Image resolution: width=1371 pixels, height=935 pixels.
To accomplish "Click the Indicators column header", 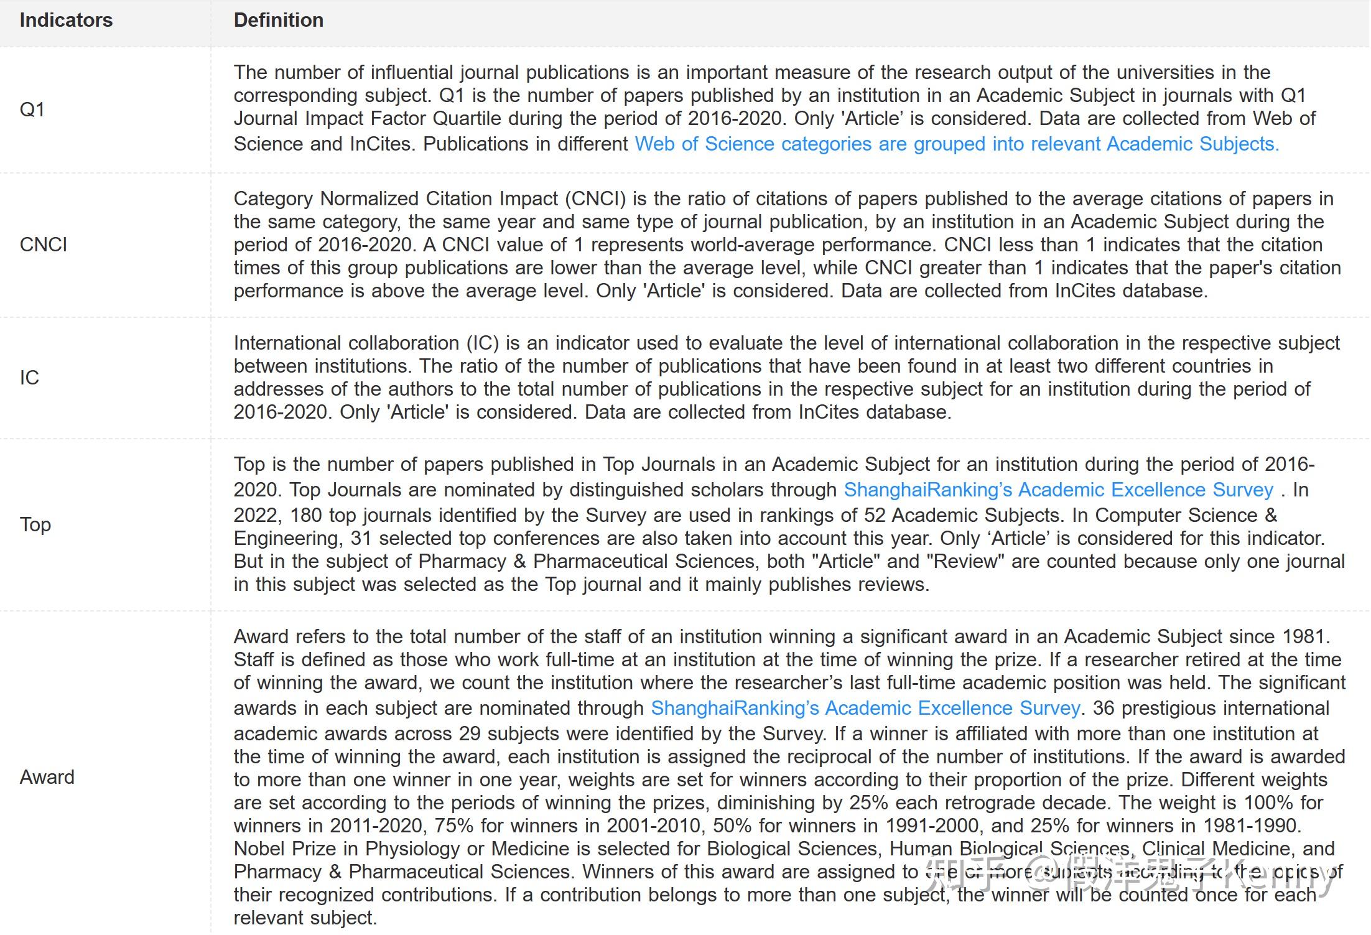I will (66, 20).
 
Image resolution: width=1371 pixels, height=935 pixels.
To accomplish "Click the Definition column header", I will (278, 20).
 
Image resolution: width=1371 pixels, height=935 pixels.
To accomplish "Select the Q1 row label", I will (32, 109).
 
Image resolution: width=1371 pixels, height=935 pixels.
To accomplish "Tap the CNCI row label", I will (44, 244).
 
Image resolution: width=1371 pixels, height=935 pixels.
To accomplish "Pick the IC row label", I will (29, 377).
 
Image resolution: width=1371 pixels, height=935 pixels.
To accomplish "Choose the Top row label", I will (35, 524).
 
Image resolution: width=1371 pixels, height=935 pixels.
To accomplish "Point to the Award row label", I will (47, 777).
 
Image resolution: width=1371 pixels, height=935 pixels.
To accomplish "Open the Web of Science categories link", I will (957, 144).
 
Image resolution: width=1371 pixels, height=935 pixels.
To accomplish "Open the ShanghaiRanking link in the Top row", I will (1058, 490).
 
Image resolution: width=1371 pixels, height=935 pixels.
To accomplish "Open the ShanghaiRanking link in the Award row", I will (865, 708).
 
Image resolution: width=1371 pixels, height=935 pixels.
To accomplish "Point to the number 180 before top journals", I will (306, 515).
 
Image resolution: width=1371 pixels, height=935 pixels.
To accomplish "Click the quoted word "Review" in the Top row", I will (965, 561).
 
